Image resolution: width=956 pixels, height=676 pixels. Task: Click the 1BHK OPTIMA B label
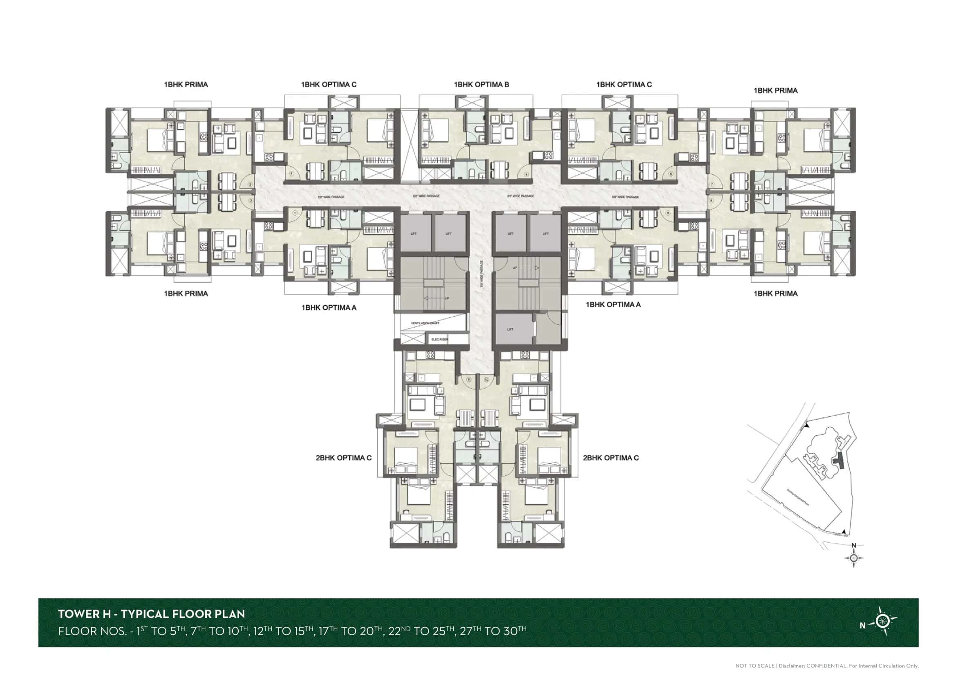click(481, 85)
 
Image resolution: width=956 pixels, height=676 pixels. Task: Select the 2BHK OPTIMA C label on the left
click(343, 458)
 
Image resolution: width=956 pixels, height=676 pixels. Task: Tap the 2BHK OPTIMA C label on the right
click(610, 458)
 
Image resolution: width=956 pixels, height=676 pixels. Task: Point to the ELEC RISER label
click(439, 339)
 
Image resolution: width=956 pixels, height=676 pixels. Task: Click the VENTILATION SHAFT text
click(425, 323)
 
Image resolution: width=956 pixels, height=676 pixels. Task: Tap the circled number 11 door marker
click(469, 380)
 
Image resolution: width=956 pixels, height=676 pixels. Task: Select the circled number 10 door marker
click(486, 380)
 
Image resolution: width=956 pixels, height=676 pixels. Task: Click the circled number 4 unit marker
click(291, 174)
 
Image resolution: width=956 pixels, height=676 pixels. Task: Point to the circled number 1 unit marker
click(295, 213)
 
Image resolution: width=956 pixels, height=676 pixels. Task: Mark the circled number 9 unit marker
click(667, 213)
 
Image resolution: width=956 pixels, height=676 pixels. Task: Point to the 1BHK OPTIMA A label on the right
click(613, 305)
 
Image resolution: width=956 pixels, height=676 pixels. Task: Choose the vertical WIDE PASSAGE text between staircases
click(482, 275)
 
